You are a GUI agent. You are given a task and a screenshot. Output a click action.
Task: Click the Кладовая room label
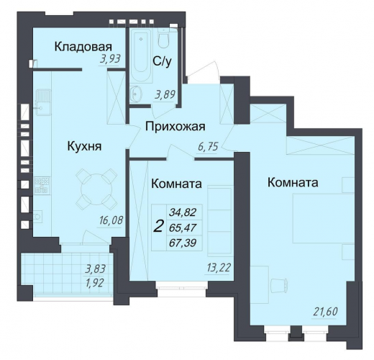[x=83, y=47]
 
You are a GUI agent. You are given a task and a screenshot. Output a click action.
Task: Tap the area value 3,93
[x=110, y=59]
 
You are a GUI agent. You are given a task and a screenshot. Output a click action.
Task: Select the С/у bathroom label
[x=163, y=62]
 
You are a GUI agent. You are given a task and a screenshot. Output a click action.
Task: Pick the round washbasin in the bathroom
[x=136, y=94]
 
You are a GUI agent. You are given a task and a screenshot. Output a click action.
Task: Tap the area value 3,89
[x=165, y=94]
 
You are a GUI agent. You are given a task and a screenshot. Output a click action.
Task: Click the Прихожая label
[x=175, y=127]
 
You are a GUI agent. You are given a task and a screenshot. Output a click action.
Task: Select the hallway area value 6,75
[x=208, y=146]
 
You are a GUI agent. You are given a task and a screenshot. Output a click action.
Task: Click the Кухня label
[x=85, y=145]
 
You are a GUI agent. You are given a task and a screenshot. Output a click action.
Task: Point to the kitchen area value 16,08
[x=111, y=220]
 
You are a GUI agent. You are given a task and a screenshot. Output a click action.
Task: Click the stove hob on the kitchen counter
[x=42, y=185]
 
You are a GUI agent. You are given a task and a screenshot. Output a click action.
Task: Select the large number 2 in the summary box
[x=159, y=227]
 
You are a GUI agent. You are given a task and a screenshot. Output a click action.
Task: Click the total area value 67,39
[x=183, y=243]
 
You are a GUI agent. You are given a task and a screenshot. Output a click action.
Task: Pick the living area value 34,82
[x=183, y=212]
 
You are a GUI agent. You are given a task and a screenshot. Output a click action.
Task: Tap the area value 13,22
[x=218, y=267]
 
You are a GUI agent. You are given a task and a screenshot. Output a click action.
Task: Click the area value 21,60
[x=326, y=312]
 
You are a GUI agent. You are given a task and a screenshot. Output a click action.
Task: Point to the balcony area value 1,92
[x=95, y=283]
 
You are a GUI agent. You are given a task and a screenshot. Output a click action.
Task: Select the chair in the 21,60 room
[x=279, y=286]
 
